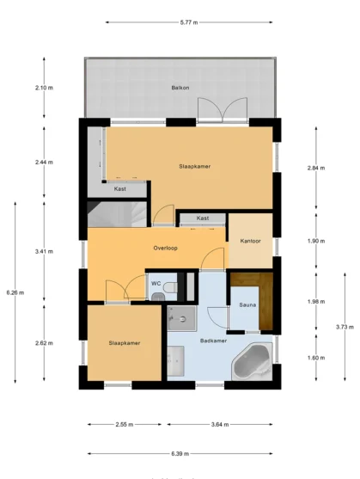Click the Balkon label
[180, 89]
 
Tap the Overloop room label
[165, 247]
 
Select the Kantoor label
[250, 241]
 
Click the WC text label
[156, 283]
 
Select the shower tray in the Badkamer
[182, 318]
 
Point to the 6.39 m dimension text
[180, 453]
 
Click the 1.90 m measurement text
[316, 241]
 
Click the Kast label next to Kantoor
[203, 218]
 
